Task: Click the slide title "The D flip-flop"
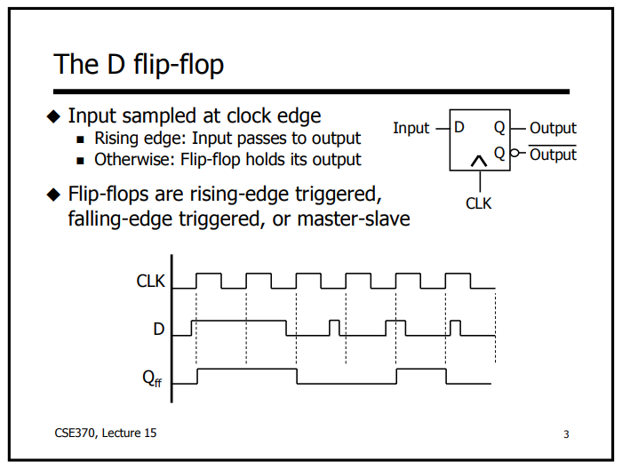coord(139,64)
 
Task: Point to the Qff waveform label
coord(155,378)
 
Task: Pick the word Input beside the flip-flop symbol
coord(411,128)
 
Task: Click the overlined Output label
coord(553,155)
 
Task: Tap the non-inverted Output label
coord(553,128)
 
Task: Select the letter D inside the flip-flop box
coord(459,127)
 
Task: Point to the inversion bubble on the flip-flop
coord(512,154)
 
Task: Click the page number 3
coord(566,434)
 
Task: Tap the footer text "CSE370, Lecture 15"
coord(105,433)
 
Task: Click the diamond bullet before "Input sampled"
coord(54,116)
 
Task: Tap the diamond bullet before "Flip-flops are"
coord(54,195)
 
